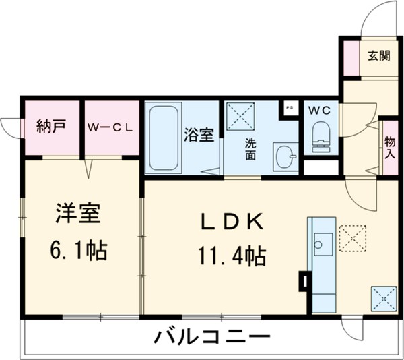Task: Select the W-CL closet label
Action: coord(110,126)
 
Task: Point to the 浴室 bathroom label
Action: coord(199,134)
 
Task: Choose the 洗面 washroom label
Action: coord(250,148)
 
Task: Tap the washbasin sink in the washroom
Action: coord(285,157)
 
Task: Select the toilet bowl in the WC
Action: coord(321,137)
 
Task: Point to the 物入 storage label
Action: coord(390,146)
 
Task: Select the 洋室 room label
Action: coord(78,215)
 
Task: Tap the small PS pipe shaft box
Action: coord(289,107)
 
